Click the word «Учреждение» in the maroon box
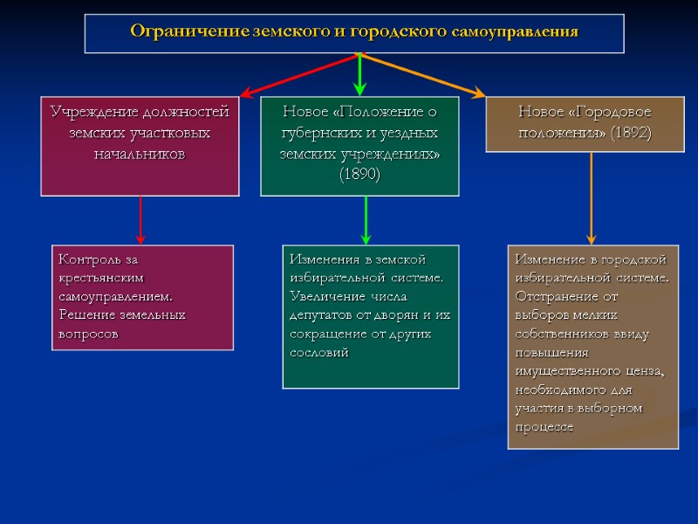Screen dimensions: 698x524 tap(93, 112)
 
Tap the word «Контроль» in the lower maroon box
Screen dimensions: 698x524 tap(86, 259)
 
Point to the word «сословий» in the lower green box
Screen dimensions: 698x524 tap(318, 352)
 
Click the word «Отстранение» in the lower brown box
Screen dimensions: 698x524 tap(555, 296)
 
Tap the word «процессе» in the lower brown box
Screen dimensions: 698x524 tap(544, 427)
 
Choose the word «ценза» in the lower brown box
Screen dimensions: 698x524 tap(645, 371)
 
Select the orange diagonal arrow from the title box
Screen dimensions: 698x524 tap(422, 73)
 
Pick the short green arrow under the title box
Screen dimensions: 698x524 tap(359, 74)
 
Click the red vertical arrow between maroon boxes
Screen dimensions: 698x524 tap(140, 218)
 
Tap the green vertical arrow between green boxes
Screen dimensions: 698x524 tap(366, 218)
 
